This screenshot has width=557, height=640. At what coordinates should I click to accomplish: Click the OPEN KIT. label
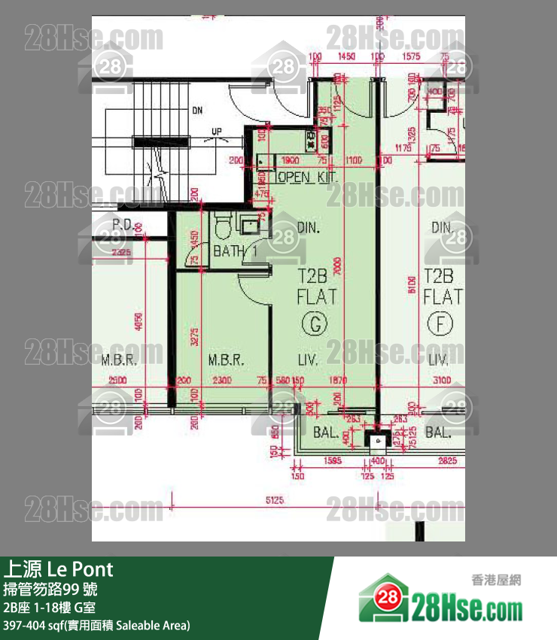306,177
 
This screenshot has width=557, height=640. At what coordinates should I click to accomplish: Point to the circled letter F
437,324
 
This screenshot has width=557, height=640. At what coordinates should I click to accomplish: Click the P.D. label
123,226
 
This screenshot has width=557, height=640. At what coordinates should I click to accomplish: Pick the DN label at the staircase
197,111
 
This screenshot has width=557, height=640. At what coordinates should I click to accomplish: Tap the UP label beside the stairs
217,132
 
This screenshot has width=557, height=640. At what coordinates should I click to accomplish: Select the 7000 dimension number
341,268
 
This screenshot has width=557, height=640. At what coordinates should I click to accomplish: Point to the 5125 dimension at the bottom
275,499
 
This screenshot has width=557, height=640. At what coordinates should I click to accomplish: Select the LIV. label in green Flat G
308,360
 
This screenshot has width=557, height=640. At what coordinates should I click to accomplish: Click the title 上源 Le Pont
59,569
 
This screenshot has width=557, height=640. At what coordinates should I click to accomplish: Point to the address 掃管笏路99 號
50,589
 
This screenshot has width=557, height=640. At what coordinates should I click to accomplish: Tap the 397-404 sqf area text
97,625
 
